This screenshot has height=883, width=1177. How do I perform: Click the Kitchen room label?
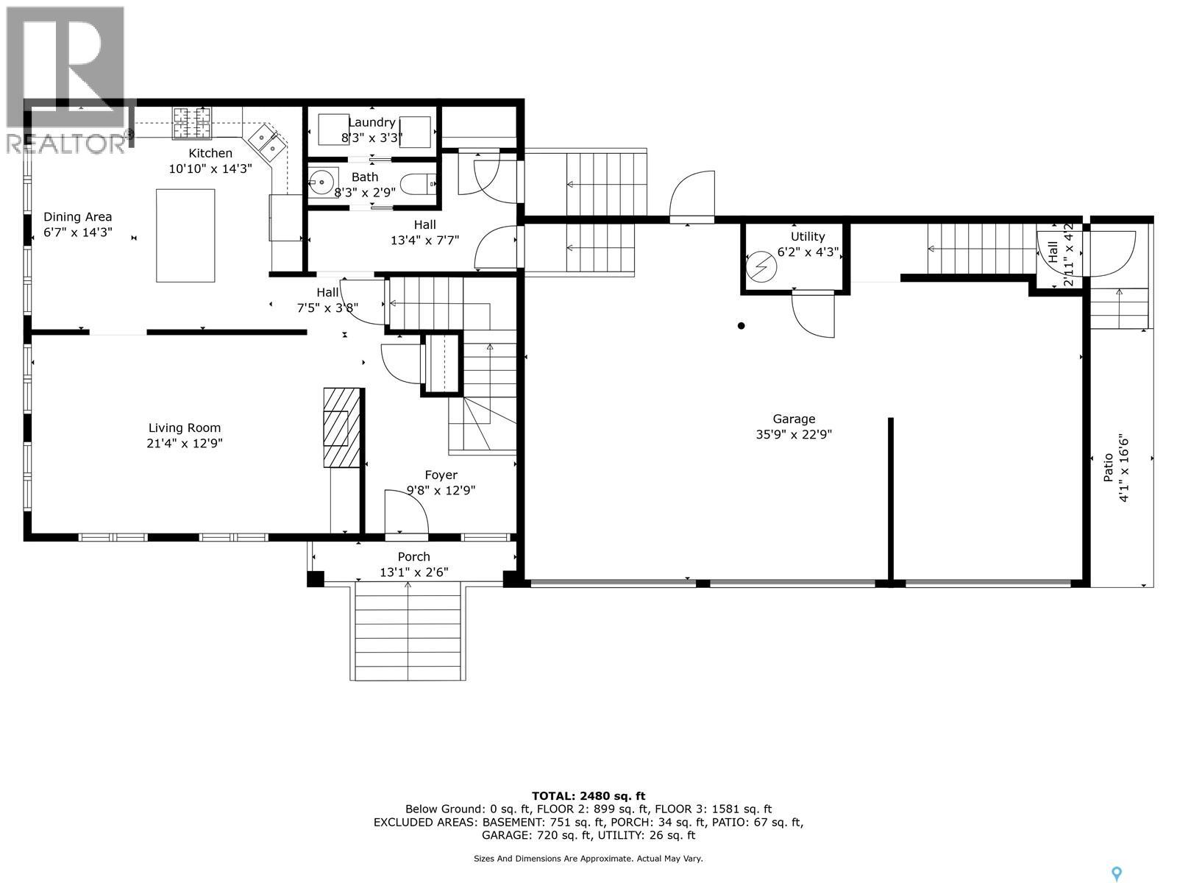point(210,153)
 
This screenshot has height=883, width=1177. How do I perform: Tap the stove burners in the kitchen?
point(192,123)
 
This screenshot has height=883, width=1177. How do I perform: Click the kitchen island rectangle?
point(185,235)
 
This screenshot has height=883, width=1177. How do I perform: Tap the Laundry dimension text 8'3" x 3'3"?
point(371,137)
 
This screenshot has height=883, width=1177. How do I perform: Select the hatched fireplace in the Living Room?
point(341,427)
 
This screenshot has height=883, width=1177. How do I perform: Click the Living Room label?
point(185,428)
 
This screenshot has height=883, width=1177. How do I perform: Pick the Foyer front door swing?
point(406,512)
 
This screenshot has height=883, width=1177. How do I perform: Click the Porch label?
point(413,557)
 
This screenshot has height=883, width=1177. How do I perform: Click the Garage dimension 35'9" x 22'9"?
point(794,435)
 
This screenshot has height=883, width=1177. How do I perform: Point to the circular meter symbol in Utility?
point(761,266)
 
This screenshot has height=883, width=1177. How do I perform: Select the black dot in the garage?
point(742,326)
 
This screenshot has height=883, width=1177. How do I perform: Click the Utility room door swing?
point(814,315)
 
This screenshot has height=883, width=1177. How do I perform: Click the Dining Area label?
point(78,216)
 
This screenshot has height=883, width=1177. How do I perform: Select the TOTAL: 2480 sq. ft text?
point(588,795)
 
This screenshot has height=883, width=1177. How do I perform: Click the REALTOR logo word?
point(66,143)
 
